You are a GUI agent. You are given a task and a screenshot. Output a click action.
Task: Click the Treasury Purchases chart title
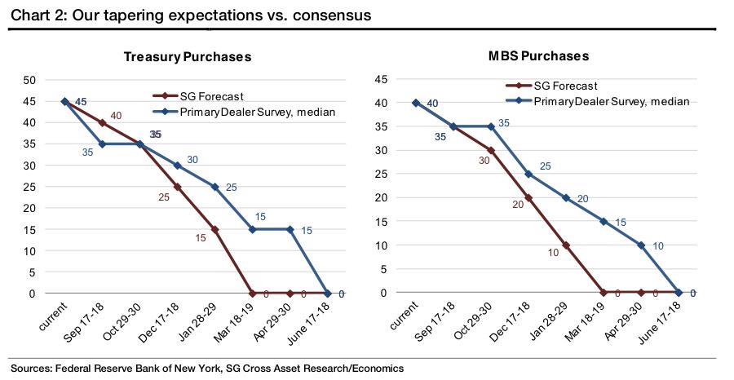[x=187, y=57]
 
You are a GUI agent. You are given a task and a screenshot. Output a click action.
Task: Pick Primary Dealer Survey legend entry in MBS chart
[x=611, y=101]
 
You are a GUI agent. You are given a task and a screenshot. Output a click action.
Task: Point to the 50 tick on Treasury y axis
[x=29, y=80]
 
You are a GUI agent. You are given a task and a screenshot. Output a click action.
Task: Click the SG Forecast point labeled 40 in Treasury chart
[x=102, y=122]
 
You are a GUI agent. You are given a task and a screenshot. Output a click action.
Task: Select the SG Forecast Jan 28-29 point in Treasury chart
[x=214, y=229]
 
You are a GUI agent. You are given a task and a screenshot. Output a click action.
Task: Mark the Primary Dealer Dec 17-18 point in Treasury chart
[x=177, y=166]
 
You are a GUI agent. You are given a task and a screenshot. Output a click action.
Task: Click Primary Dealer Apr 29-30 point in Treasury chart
[x=290, y=229]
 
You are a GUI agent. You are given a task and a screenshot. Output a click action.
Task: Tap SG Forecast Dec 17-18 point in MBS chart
[x=528, y=197]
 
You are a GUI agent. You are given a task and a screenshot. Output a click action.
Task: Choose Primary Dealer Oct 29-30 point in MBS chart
[x=491, y=126]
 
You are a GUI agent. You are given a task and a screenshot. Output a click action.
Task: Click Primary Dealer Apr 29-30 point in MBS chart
[x=641, y=245]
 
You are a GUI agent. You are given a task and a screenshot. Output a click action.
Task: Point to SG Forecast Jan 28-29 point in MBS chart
[x=566, y=245]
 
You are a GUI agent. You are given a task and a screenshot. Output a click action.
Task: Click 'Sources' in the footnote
[x=30, y=369]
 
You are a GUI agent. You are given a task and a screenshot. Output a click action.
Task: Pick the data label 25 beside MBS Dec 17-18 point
[x=545, y=166]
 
